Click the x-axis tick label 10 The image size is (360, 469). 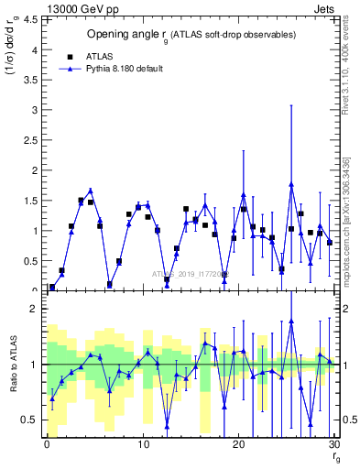point(142,444)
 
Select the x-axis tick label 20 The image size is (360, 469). point(238,444)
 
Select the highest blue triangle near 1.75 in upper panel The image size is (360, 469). point(291,184)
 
